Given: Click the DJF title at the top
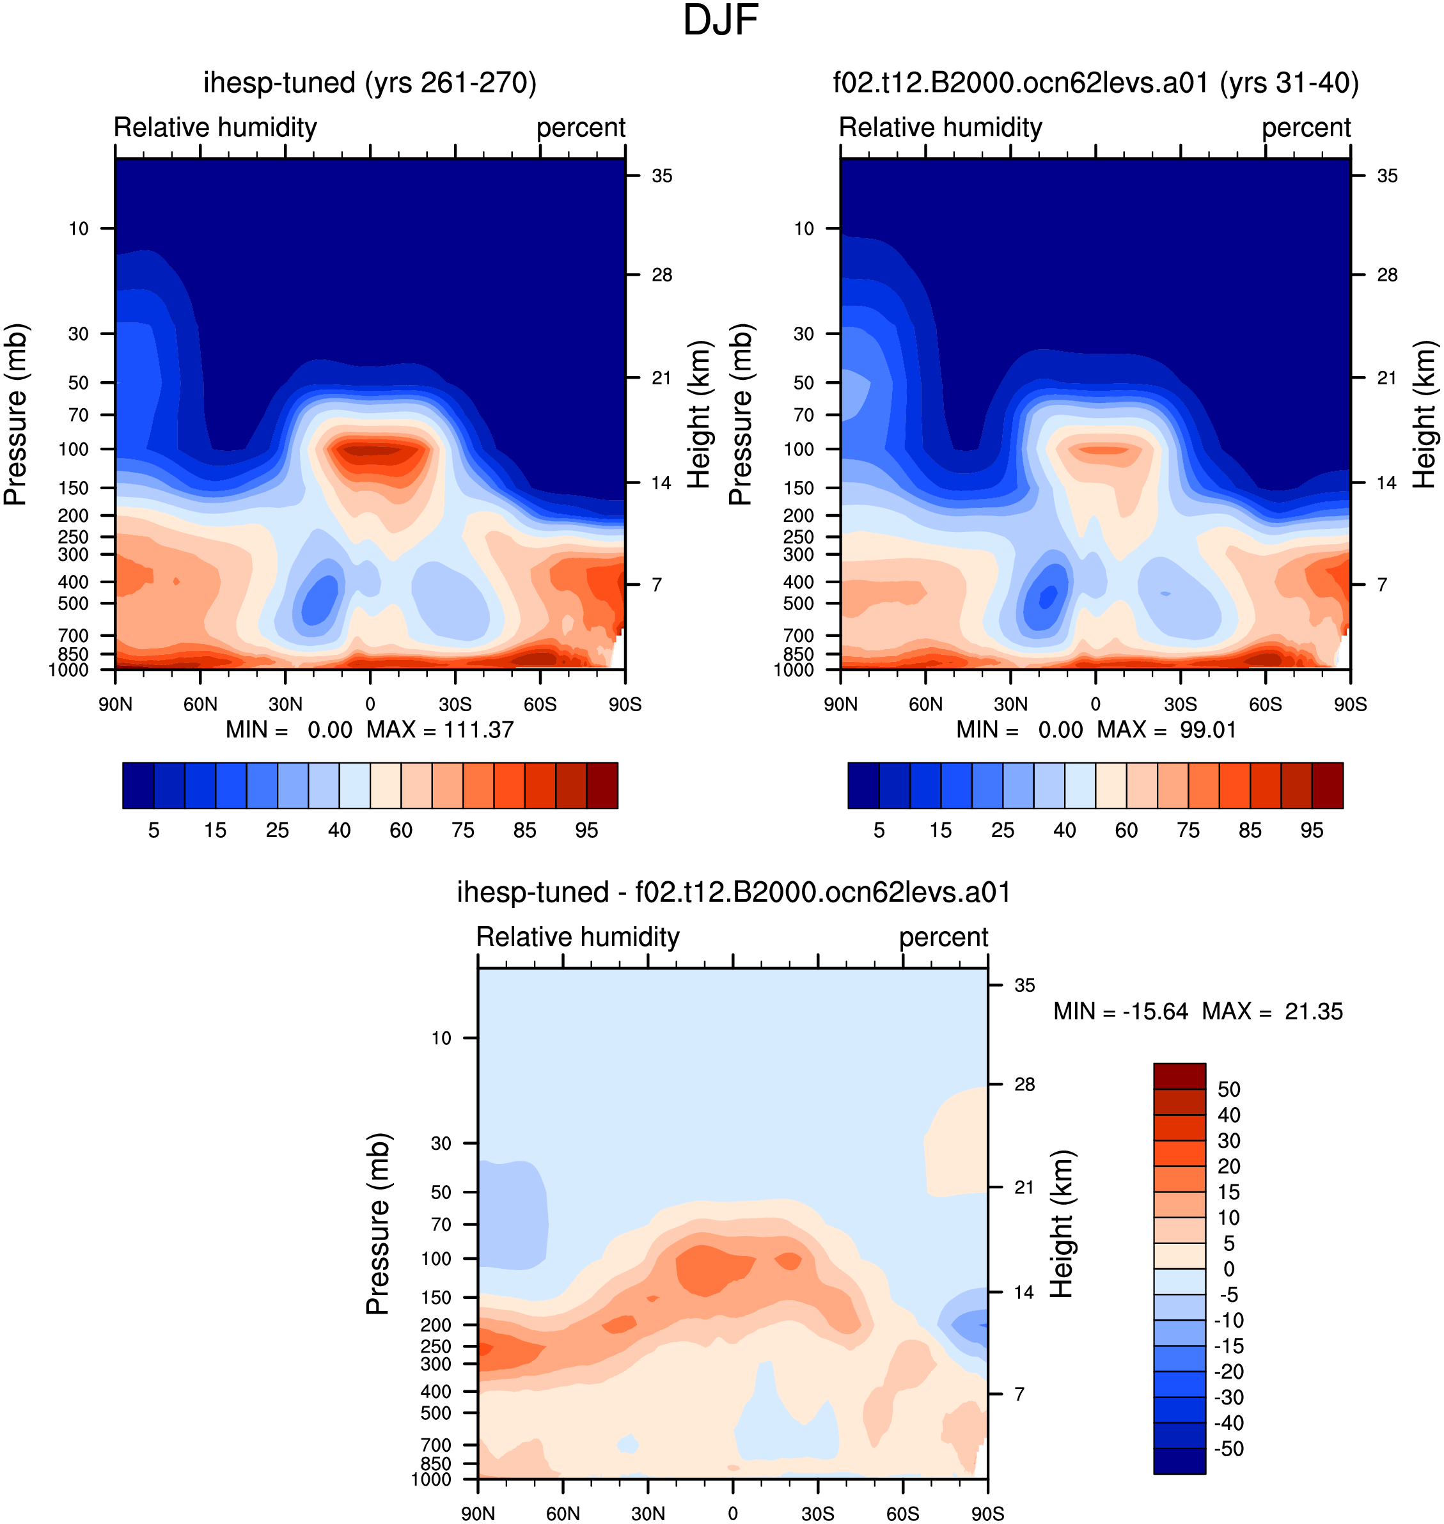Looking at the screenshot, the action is tap(721, 20).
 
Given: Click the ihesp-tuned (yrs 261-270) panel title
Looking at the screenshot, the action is tap(370, 82).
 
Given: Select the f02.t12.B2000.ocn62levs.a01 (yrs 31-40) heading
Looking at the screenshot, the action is tap(1095, 82).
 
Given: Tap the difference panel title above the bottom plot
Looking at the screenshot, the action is tap(733, 892).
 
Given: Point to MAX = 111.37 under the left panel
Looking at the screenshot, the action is tap(439, 730).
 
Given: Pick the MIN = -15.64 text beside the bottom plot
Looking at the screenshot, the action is tap(1120, 1011).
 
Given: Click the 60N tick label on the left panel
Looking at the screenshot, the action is tap(200, 704).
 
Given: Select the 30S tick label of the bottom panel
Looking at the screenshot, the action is tap(817, 1513).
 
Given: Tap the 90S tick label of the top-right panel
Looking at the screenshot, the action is tap(1350, 704).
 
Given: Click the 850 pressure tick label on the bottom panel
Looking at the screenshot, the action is tap(436, 1463).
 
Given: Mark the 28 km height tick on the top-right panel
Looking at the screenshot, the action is tap(1387, 275).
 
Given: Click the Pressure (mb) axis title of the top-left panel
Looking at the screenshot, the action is tap(15, 415).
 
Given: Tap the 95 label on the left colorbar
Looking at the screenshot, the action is tap(586, 829).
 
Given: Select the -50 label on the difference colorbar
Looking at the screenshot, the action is tap(1228, 1449).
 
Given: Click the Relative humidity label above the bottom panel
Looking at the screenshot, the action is tap(578, 937).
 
